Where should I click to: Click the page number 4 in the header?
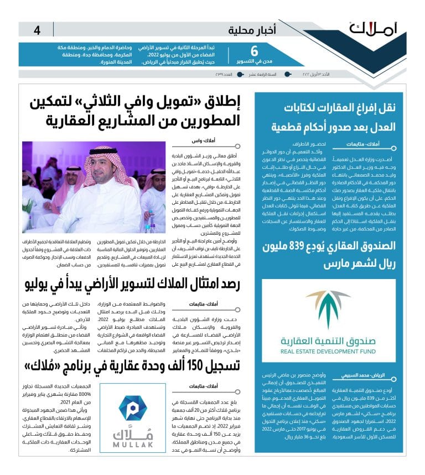(x=37, y=30)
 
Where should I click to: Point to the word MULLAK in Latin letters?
(x=126, y=443)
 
